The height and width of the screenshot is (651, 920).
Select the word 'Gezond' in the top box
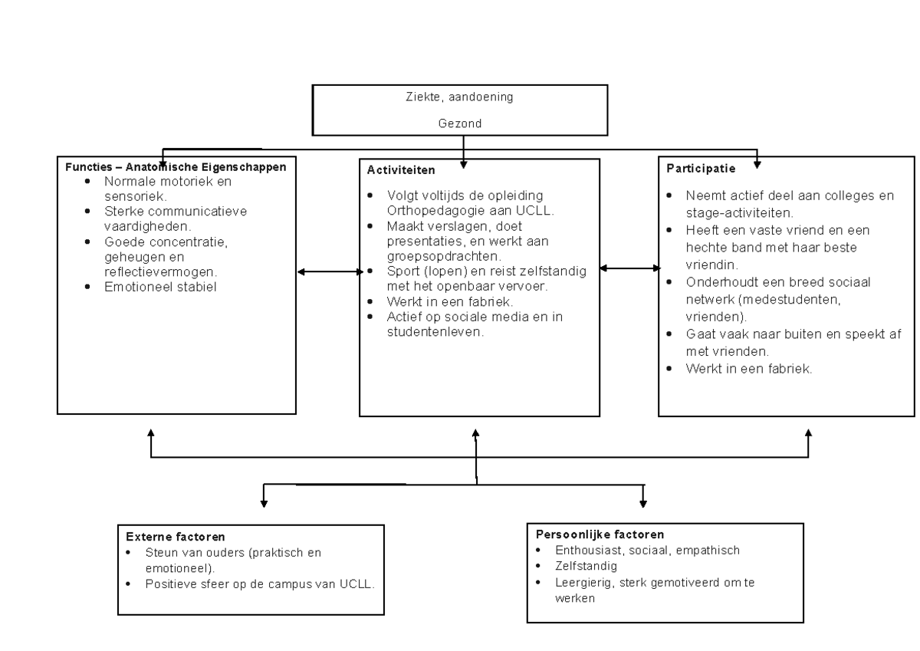460,123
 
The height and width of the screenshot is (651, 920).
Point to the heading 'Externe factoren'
169,538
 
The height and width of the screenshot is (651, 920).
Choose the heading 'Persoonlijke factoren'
589,534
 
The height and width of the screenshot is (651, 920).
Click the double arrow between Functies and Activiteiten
329,271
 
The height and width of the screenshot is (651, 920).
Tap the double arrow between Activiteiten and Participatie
629,268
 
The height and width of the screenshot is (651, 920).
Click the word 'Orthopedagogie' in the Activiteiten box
429,210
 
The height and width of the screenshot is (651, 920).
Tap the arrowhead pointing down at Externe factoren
264,503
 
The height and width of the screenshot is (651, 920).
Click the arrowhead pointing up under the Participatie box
809,433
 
